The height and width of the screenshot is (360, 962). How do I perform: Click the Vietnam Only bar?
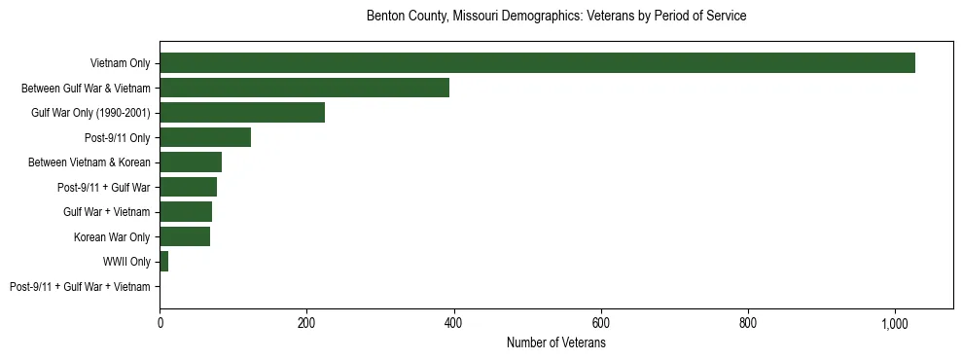[x=537, y=63]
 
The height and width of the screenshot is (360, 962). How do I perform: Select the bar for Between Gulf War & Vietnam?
[x=304, y=88]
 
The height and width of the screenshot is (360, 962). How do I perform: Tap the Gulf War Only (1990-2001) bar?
[x=242, y=113]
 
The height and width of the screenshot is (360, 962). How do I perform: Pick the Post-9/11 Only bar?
[x=205, y=137]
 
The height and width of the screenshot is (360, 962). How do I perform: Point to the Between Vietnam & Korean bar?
[x=191, y=162]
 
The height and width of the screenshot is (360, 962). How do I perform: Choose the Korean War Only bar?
[x=185, y=236]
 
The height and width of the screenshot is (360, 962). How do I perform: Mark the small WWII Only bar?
[x=164, y=262]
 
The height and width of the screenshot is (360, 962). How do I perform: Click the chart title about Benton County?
[x=556, y=17]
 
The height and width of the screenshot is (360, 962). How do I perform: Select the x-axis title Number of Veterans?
[x=556, y=343]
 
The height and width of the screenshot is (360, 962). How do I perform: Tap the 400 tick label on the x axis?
[x=454, y=322]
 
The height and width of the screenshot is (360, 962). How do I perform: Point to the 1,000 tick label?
[x=895, y=322]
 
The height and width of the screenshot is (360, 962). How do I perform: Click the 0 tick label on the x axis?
[x=160, y=322]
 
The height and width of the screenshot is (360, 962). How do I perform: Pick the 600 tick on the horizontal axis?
[x=601, y=322]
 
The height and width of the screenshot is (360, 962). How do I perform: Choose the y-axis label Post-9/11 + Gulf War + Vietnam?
[x=80, y=287]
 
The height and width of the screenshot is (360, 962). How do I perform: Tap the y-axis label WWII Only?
[x=126, y=262]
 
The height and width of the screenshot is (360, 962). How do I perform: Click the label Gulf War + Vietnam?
[x=107, y=212]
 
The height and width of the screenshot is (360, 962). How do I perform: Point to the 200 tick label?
[x=306, y=322]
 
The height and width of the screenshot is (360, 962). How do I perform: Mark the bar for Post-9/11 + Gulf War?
[x=188, y=187]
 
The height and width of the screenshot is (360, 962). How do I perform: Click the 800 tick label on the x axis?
[x=748, y=322]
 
